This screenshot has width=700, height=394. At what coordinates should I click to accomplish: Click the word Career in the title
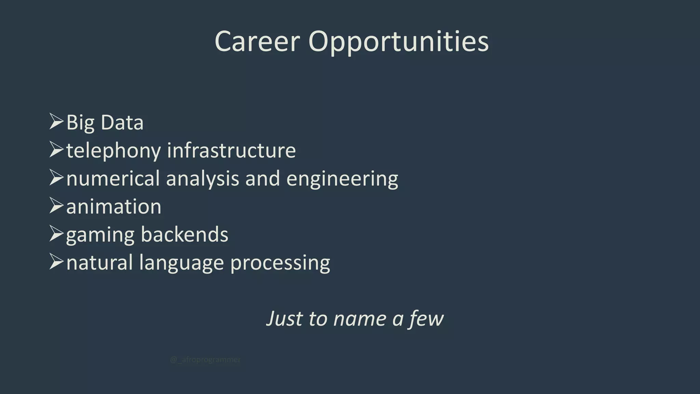[x=257, y=41]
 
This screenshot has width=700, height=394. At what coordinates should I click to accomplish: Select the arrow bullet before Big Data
[x=56, y=122]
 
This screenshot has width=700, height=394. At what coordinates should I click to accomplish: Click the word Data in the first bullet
[x=122, y=122]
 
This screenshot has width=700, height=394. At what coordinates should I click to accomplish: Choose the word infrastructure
[x=231, y=150]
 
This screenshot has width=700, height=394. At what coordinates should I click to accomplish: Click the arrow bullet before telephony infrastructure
[x=56, y=150]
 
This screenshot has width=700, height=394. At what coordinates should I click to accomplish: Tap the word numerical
[x=113, y=179]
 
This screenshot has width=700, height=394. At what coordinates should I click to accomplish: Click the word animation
[x=113, y=207]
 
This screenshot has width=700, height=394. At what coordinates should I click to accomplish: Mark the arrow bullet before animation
[x=56, y=206]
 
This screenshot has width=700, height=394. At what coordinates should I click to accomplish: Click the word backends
[x=185, y=235]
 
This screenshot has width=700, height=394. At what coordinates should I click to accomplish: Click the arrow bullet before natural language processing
[x=56, y=262]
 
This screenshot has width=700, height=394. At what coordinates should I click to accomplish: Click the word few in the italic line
[x=426, y=319]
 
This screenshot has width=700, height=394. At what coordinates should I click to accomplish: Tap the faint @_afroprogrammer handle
[x=205, y=360]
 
